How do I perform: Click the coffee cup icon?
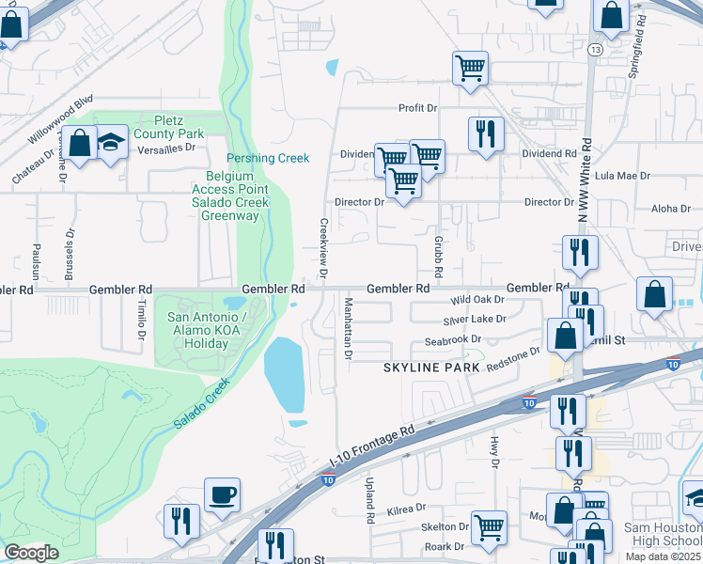tap(222, 494)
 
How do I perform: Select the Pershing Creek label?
tap(268, 158)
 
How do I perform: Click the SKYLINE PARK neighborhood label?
tap(431, 367)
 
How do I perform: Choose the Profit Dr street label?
tap(419, 108)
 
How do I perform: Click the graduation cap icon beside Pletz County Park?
tap(111, 143)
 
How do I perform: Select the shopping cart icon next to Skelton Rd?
tap(490, 527)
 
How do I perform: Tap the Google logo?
tap(32, 553)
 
